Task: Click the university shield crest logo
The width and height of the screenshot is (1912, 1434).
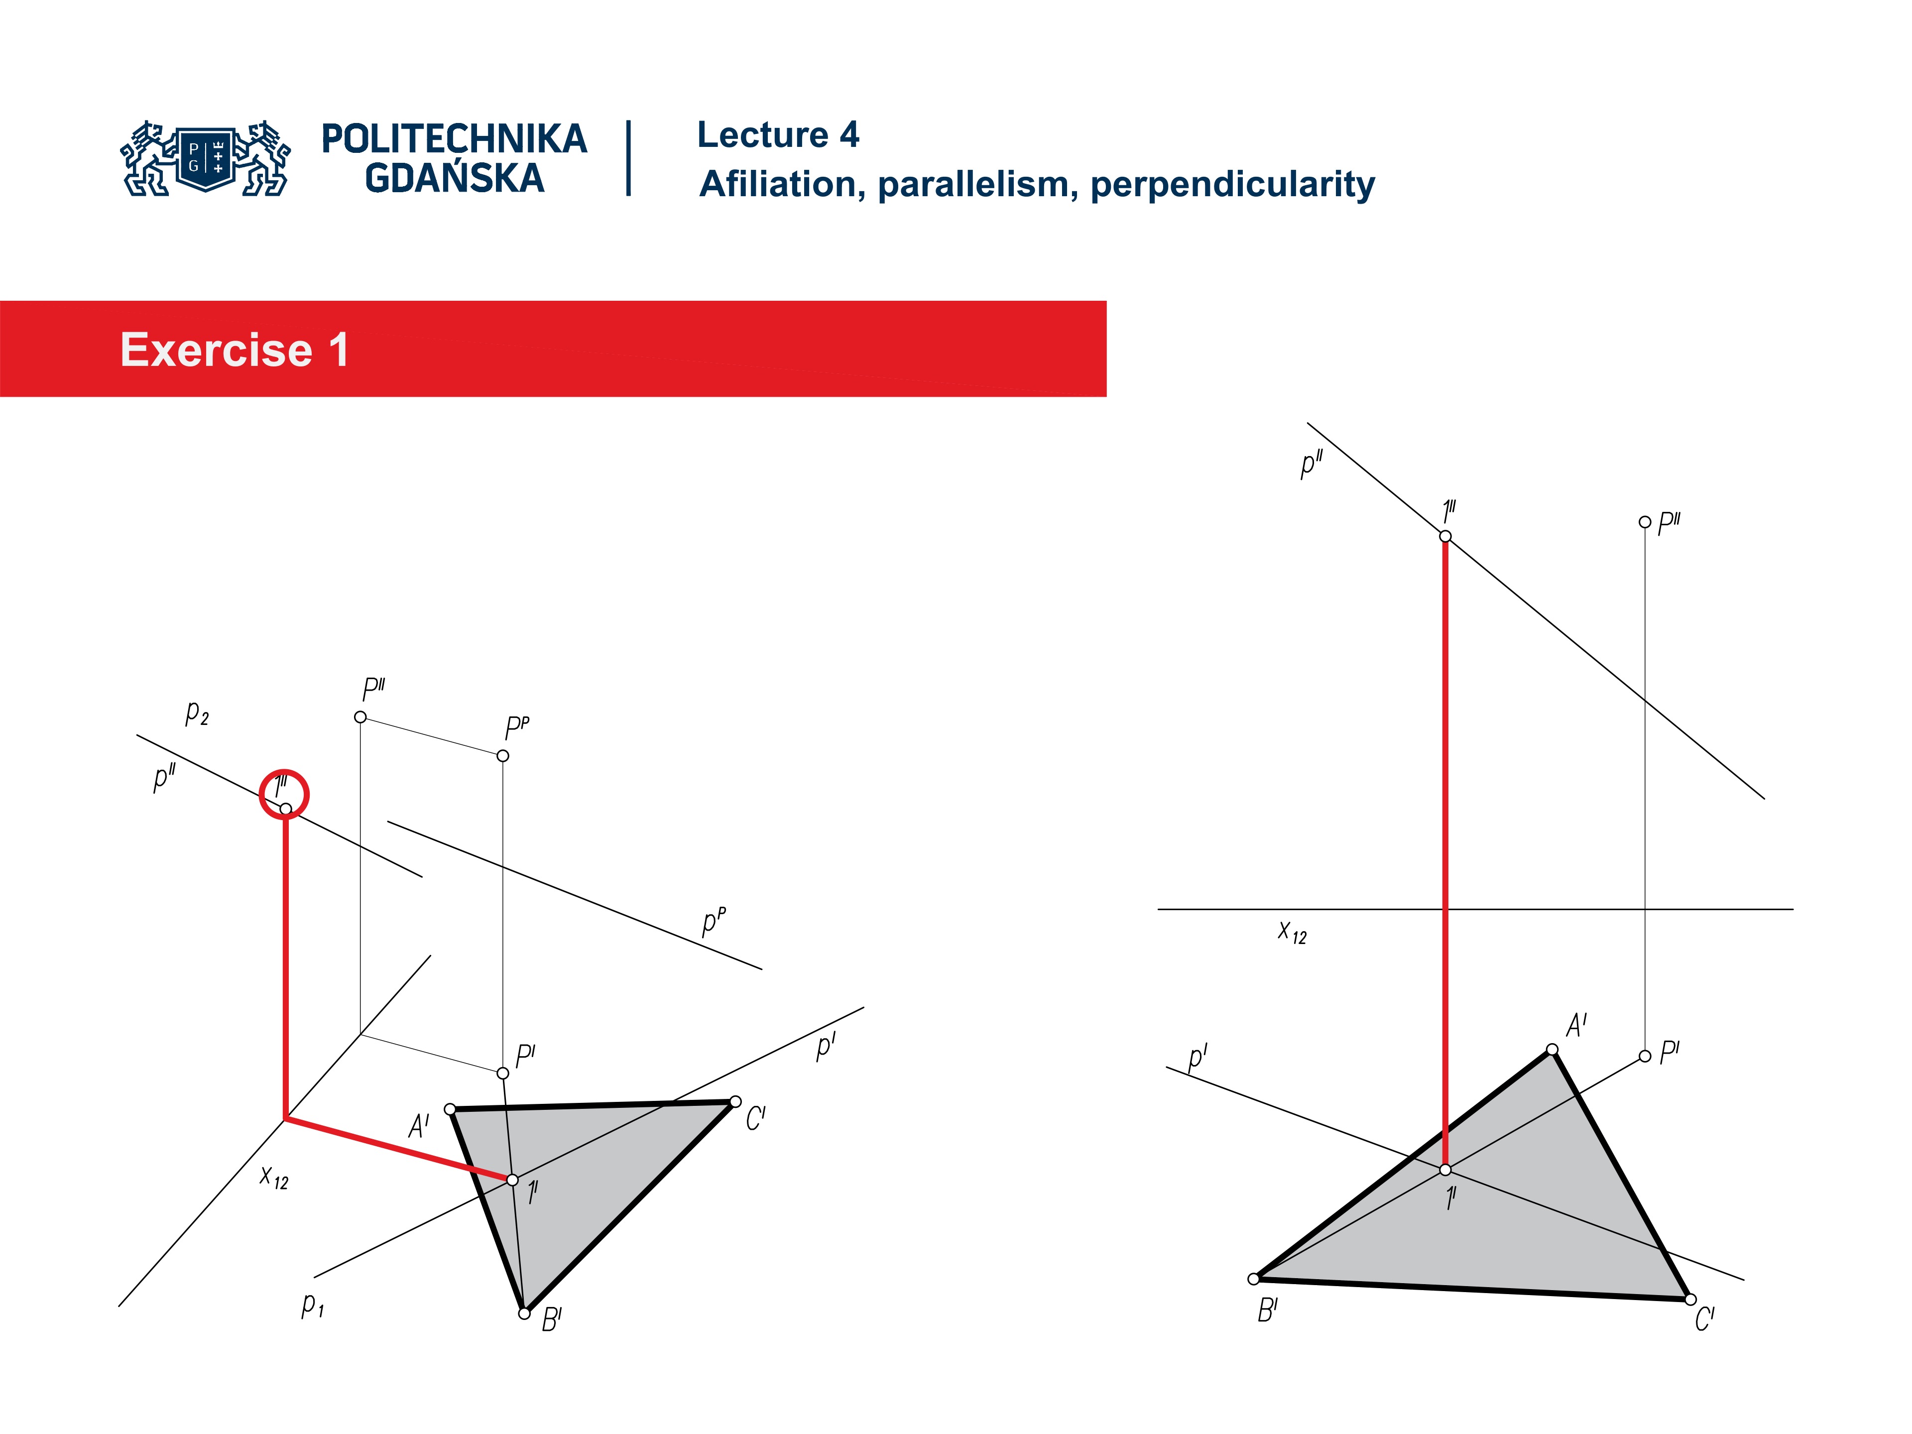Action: [206, 158]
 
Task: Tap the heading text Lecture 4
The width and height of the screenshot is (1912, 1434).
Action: [777, 135]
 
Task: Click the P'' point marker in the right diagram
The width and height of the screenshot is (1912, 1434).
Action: [1644, 522]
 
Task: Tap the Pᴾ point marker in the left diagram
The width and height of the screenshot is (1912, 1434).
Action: [503, 755]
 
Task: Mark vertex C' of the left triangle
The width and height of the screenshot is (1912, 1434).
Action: [735, 1101]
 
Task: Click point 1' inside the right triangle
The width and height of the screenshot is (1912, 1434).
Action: [1445, 1170]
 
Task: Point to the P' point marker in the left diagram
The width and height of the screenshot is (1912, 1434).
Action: [503, 1073]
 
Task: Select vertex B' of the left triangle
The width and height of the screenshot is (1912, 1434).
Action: [524, 1313]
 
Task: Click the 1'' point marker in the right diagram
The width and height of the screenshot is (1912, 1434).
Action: [1445, 536]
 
